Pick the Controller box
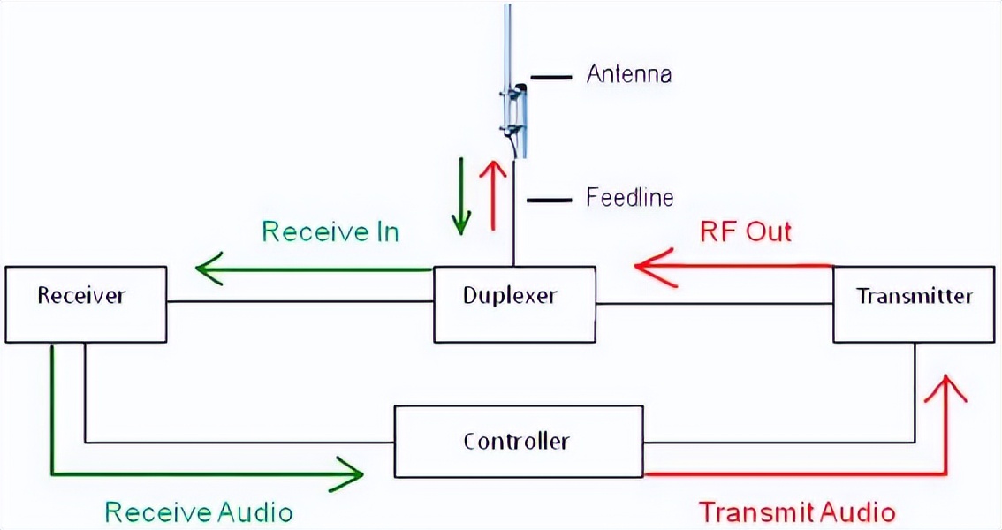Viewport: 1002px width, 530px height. [518, 440]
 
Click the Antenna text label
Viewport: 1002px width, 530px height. [629, 74]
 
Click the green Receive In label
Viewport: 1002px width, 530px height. [330, 232]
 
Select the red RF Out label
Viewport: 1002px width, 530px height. [745, 232]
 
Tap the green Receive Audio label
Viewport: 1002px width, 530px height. [199, 511]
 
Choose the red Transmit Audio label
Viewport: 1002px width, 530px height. [797, 511]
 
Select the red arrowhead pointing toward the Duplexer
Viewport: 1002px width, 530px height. [654, 265]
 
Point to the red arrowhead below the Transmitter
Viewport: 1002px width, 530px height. [946, 389]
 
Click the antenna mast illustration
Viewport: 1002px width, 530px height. [513, 88]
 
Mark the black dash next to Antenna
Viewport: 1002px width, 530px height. [550, 77]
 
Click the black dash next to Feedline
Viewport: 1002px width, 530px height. [548, 200]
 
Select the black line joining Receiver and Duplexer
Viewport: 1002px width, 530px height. [300, 303]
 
